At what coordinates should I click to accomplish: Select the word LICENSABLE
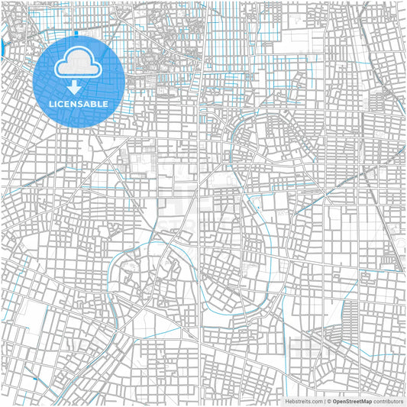click(79, 103)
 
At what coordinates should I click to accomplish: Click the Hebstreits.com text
click(304, 400)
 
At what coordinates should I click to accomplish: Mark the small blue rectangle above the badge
click(77, 34)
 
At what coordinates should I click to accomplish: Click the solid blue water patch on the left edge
click(2, 48)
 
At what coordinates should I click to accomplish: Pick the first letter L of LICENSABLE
click(51, 103)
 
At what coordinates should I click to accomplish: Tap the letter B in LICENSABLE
click(95, 103)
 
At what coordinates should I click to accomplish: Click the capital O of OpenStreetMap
click(334, 400)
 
